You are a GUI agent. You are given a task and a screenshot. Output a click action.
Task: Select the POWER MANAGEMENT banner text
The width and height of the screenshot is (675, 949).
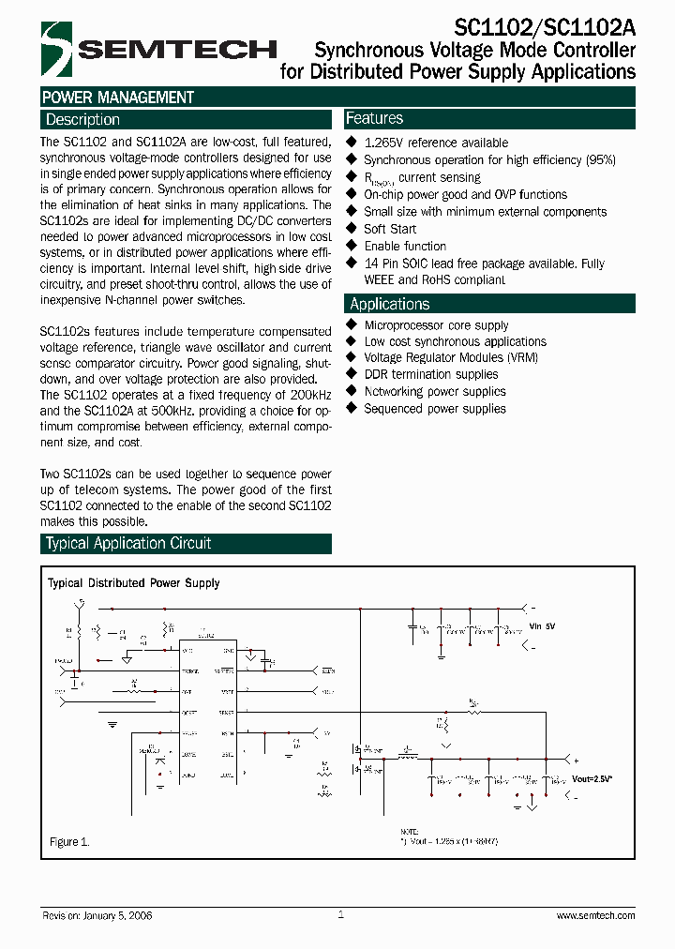pos(118,98)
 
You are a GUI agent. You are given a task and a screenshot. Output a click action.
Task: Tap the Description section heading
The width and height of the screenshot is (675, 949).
pos(83,120)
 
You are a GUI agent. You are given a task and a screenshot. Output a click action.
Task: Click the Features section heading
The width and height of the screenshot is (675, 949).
pos(375,118)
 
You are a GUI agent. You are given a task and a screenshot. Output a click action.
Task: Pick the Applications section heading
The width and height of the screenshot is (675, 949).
pos(390,304)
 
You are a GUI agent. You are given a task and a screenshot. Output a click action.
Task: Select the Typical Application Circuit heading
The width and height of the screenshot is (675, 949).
pos(128,544)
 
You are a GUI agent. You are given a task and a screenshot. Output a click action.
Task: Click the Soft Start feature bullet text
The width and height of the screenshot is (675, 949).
pos(390,229)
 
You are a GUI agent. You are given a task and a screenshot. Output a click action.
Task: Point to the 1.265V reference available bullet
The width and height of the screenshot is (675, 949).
pos(436,143)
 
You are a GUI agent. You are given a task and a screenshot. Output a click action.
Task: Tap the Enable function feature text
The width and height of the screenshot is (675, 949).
pos(405,246)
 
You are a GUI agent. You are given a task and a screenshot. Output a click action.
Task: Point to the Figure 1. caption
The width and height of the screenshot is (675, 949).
pos(69,842)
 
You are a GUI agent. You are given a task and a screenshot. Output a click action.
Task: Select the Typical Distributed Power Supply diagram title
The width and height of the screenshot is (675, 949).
pos(134,583)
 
